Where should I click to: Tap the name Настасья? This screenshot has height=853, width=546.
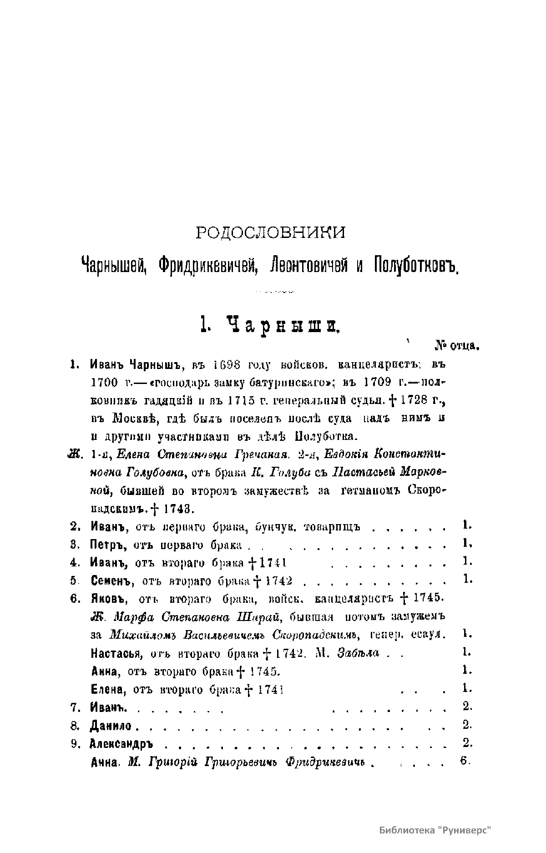tap(115, 653)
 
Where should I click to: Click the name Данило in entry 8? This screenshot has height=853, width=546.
tap(111, 726)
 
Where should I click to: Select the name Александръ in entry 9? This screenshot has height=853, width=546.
tap(121, 744)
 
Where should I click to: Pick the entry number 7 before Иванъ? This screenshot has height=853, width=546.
tap(75, 707)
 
